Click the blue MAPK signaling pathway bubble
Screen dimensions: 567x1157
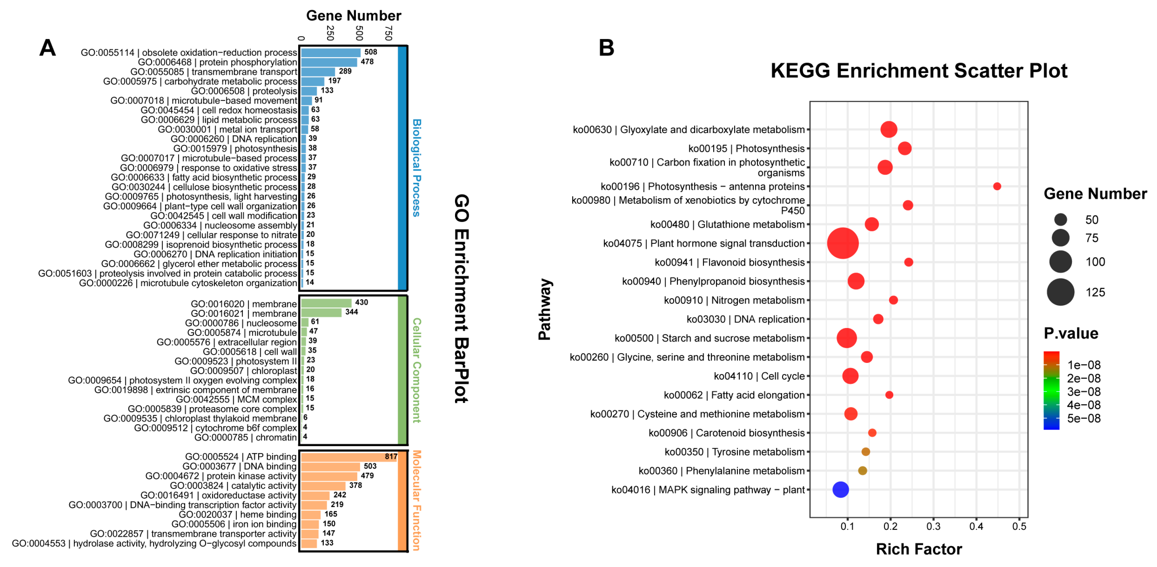click(840, 489)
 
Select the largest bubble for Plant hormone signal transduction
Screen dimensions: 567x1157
click(843, 243)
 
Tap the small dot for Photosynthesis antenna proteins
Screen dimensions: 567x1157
click(996, 186)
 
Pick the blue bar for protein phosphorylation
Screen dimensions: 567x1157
click(329, 62)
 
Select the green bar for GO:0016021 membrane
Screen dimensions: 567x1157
click(321, 312)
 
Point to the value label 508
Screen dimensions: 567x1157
click(370, 52)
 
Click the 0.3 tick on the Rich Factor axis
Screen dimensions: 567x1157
click(933, 526)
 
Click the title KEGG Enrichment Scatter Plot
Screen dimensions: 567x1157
click(919, 70)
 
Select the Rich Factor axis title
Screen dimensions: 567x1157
click(919, 549)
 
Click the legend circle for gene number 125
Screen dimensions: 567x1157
click(1060, 292)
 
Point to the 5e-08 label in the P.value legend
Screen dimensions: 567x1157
click(1083, 418)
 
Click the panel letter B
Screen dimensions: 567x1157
click(606, 48)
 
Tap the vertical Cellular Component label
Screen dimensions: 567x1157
click(416, 370)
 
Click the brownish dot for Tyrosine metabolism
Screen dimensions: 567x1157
click(866, 451)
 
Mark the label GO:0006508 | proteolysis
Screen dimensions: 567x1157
click(244, 91)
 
